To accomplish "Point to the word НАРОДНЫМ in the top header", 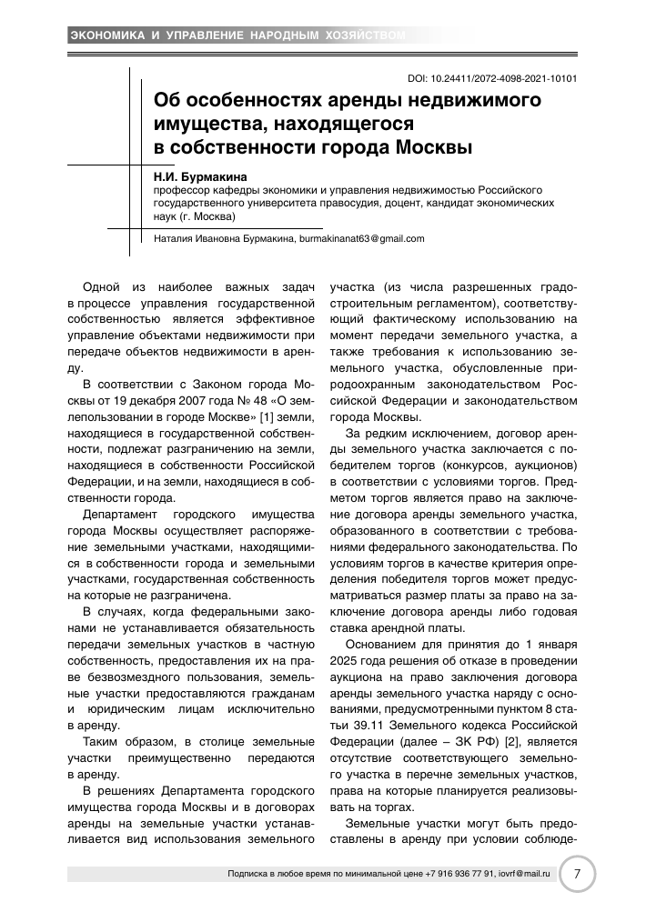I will (274, 35).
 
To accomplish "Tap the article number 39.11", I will (358, 726).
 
